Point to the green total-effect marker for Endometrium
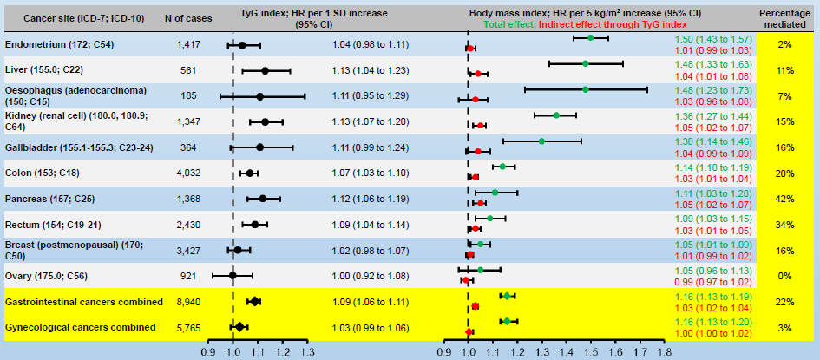590,38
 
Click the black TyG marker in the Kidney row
265,121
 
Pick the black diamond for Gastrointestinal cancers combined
254,301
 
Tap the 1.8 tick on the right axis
665,352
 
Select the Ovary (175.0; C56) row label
44,275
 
